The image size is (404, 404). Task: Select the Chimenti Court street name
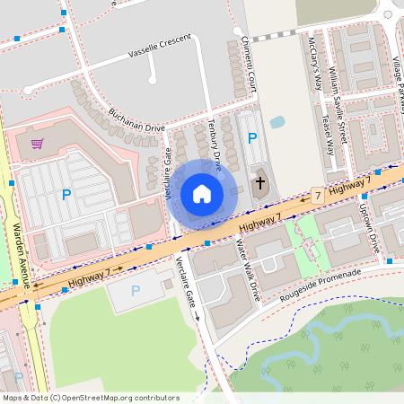tap(250, 65)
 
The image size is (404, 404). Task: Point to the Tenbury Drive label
tap(215, 144)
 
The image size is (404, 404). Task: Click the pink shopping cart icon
tap(37, 144)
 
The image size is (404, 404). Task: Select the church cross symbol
tap(260, 183)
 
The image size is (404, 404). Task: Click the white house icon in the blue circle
tap(201, 194)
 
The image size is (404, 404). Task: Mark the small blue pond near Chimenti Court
tap(277, 121)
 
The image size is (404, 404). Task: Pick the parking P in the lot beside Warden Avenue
tap(66, 194)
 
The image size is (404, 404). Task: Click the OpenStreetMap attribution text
tap(91, 398)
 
